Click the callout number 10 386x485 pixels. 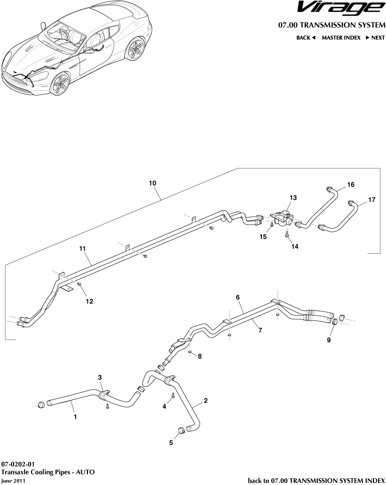[x=152, y=183]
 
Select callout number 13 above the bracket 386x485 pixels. [x=293, y=198]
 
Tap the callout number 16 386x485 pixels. [x=350, y=185]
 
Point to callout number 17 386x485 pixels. [x=371, y=200]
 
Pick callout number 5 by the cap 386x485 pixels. [x=171, y=443]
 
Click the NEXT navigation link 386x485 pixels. [x=375, y=38]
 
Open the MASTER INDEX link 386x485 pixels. [x=340, y=38]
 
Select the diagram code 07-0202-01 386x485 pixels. [x=18, y=464]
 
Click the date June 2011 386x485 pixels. [x=13, y=480]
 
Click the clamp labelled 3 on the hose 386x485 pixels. [x=104, y=393]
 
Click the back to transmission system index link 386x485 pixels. [x=316, y=480]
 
